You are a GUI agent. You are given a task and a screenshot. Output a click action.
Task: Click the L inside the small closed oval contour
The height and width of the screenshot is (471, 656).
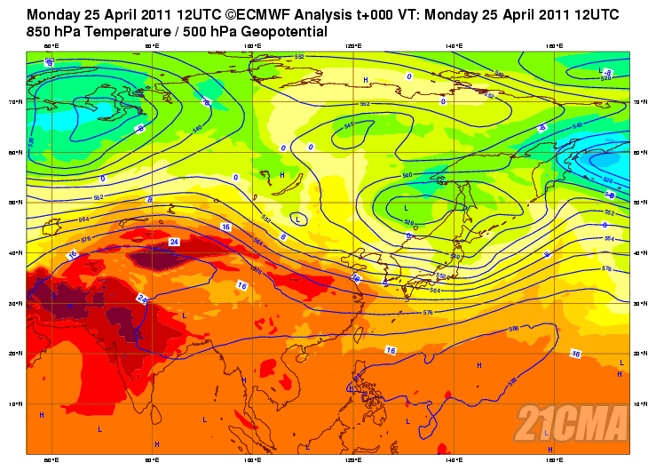(298, 217)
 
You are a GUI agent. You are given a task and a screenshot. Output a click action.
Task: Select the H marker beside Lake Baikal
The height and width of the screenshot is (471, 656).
(281, 176)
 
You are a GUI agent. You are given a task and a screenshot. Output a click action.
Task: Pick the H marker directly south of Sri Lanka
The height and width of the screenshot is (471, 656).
(157, 444)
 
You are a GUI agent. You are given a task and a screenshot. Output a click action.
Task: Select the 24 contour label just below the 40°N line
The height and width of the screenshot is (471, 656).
(174, 242)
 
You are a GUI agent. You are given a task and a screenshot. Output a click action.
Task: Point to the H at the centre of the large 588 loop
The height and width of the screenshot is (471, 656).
(478, 365)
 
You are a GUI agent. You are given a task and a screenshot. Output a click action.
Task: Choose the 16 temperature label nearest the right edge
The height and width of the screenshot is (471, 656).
(575, 354)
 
